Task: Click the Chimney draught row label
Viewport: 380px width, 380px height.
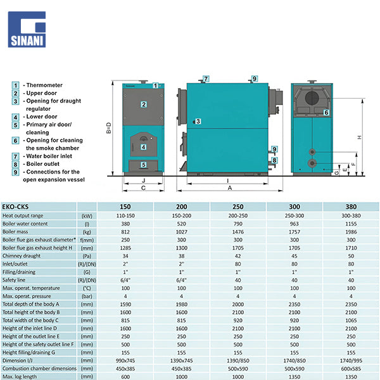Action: tap(23, 255)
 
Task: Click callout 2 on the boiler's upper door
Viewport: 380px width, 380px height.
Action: tap(144, 104)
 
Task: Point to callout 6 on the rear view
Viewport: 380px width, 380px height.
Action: tap(326, 112)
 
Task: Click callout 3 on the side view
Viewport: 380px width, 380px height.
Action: tap(198, 121)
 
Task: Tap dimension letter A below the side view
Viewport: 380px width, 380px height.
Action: tap(230, 188)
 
